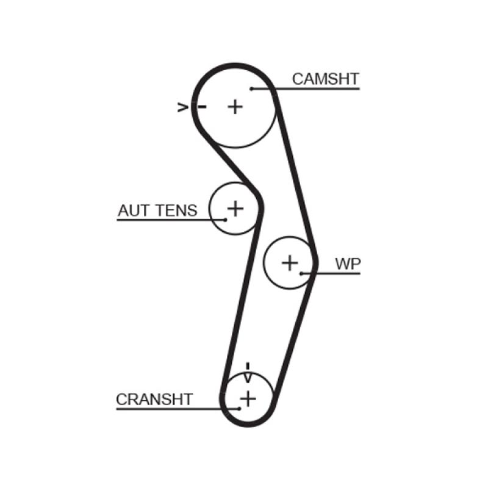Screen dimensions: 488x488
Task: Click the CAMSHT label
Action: click(325, 79)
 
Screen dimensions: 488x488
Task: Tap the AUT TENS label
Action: click(157, 210)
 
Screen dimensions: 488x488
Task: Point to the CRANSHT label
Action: click(154, 400)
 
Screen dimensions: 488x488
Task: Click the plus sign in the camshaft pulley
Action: click(235, 107)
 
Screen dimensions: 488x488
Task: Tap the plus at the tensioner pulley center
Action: click(235, 209)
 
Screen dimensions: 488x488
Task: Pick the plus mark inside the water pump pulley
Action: click(290, 263)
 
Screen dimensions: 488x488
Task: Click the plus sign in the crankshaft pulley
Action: click(248, 398)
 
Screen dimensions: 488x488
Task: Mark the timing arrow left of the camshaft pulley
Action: click(182, 107)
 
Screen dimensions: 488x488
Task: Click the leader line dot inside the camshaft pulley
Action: click(251, 89)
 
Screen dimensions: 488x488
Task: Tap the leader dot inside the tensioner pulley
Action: click(224, 219)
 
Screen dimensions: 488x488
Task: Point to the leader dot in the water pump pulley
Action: click(301, 273)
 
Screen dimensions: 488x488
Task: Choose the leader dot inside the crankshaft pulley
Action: click(240, 408)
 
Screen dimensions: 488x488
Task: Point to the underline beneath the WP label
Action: click(335, 273)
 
